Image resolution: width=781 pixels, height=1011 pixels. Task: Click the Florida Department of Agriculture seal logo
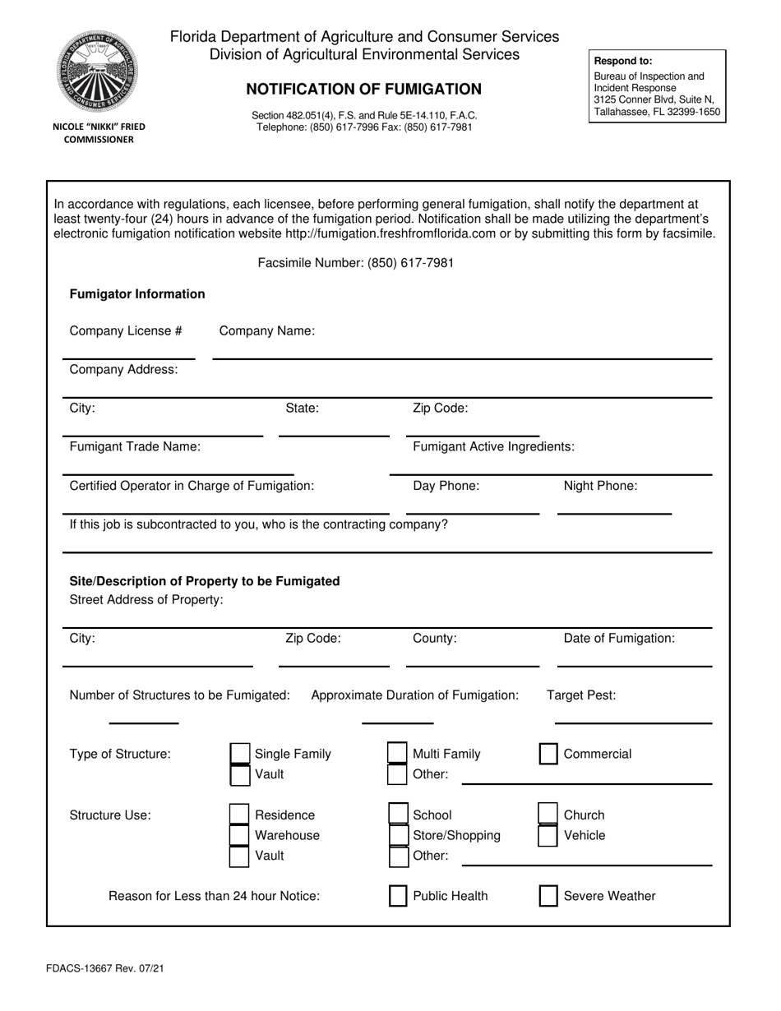[98, 72]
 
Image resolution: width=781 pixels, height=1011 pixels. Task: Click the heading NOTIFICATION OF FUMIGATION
[364, 89]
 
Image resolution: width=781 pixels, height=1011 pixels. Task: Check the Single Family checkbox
[239, 754]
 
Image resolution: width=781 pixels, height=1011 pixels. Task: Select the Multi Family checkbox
[397, 754]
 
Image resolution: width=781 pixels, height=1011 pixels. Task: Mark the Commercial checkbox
[548, 754]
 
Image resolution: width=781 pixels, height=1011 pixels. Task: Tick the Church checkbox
[548, 815]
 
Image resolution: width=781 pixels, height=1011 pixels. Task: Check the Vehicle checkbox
[548, 836]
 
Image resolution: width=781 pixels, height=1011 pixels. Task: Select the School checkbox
[398, 815]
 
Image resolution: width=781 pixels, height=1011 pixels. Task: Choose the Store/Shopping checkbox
[398, 836]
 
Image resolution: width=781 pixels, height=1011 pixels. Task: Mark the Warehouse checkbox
[239, 836]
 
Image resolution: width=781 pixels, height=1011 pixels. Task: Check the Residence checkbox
[239, 815]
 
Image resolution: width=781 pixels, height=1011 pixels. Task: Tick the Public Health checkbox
[398, 896]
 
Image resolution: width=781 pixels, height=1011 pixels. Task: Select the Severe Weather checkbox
[548, 896]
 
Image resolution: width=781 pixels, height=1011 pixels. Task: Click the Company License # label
[126, 330]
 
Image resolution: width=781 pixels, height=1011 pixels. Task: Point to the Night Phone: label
[600, 486]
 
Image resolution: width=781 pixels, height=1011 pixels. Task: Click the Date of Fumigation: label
[619, 639]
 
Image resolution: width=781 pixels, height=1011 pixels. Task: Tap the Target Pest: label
[581, 695]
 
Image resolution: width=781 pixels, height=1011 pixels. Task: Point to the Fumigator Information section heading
[137, 294]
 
